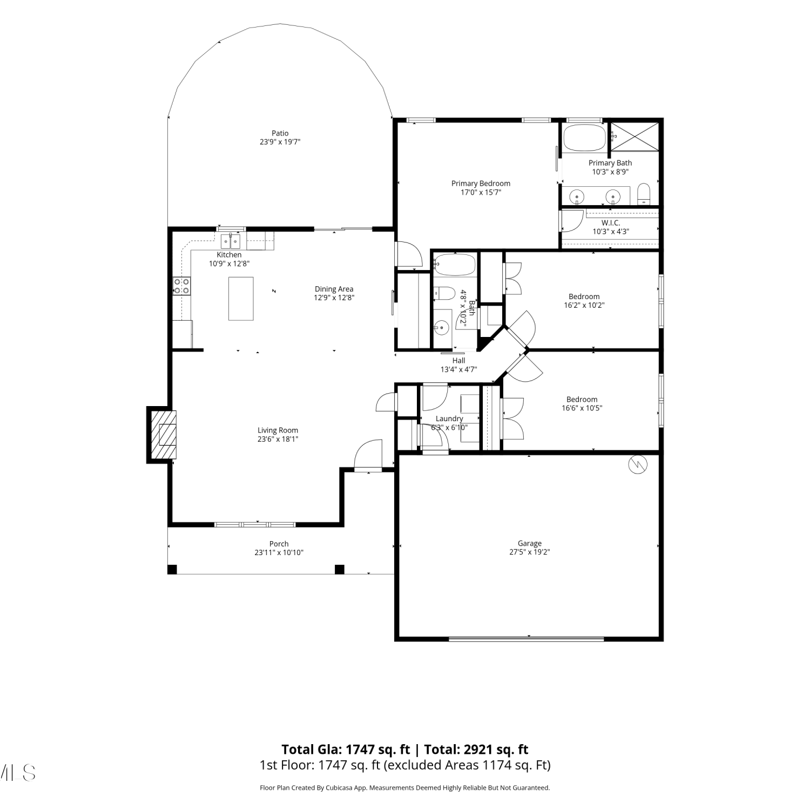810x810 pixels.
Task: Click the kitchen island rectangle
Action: click(241, 299)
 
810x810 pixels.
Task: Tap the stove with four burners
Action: click(181, 286)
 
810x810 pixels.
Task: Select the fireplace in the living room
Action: click(163, 435)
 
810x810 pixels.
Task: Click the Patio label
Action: click(280, 133)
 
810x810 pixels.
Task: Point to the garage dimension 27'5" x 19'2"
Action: click(530, 552)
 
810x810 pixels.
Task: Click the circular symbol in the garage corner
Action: click(638, 465)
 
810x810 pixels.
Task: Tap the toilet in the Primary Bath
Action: click(644, 194)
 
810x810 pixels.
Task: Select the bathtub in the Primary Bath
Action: click(585, 138)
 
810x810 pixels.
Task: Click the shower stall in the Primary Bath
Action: click(634, 137)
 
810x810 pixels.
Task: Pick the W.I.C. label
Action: click(611, 223)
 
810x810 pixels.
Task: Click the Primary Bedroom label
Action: click(481, 184)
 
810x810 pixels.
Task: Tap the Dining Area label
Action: click(334, 289)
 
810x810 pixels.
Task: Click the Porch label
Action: click(279, 544)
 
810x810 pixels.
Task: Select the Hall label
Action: click(459, 361)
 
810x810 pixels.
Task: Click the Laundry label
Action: click(449, 418)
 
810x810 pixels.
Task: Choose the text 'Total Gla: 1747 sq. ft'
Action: click(346, 750)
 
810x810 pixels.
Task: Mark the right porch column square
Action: click(340, 569)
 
